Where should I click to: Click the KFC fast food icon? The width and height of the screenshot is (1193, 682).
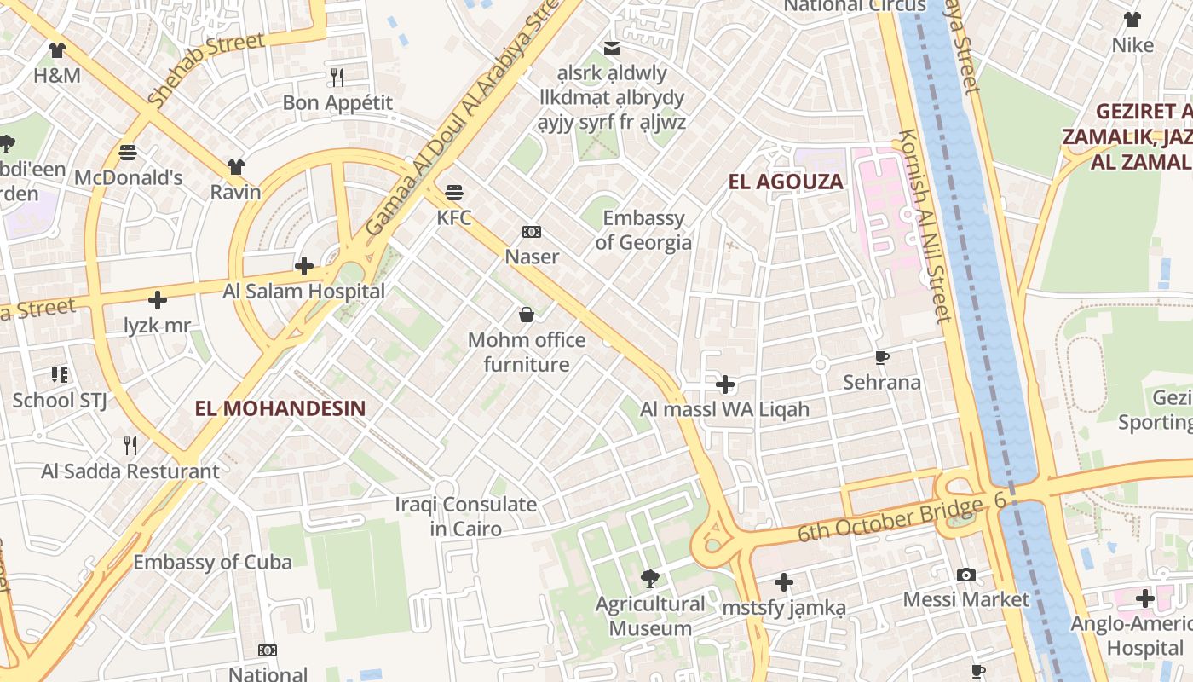454,192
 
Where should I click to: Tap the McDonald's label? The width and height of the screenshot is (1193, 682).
129,178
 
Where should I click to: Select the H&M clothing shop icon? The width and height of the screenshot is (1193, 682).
57,50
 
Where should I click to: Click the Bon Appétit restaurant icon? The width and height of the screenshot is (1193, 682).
337,78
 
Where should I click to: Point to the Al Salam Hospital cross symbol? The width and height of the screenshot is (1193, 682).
304,266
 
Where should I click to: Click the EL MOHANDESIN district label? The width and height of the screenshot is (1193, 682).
280,408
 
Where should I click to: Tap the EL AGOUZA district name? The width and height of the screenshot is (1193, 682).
785,182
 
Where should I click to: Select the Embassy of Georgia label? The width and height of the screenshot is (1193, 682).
643,230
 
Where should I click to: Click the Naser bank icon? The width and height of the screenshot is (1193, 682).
532,232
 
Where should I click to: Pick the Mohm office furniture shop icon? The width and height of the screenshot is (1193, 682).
527,315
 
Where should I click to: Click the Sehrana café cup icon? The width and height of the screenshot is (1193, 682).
882,357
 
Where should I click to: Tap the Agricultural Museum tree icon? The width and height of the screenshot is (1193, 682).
650,580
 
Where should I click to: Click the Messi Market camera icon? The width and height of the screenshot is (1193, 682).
965,575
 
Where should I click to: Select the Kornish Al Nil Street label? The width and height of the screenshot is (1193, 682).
924,226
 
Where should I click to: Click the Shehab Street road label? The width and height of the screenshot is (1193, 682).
205,71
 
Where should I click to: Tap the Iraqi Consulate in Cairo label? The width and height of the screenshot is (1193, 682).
465,517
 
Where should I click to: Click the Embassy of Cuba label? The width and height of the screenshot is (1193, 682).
212,563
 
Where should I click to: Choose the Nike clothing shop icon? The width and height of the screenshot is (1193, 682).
1132,20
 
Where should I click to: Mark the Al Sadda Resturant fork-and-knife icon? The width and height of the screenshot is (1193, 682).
130,446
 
